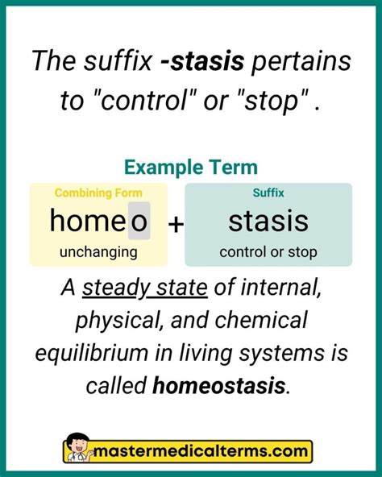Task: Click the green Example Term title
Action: (x=191, y=167)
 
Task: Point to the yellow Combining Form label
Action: (x=98, y=193)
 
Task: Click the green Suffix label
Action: (x=268, y=193)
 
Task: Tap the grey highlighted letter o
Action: (x=139, y=221)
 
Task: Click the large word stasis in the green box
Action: (x=268, y=221)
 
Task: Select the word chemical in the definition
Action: (x=263, y=321)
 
